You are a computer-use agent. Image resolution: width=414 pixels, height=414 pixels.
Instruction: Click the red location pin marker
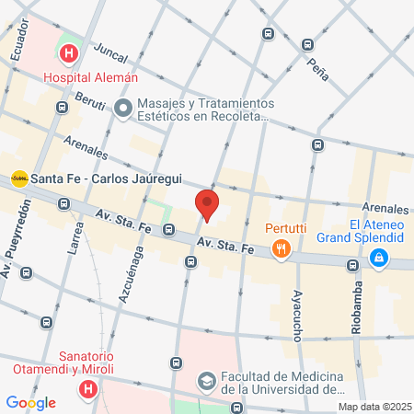pos(207,205)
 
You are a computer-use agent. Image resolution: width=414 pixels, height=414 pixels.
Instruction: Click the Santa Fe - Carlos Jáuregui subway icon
pos(18,178)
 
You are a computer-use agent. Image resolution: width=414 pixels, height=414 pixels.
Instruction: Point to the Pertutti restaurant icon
pos(282,247)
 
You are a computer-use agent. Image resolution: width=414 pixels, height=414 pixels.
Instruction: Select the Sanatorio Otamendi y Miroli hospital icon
pos(87,389)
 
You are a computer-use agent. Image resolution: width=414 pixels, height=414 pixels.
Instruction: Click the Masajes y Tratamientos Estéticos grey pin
pos(124,109)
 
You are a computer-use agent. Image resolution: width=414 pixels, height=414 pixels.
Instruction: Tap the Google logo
pos(30,402)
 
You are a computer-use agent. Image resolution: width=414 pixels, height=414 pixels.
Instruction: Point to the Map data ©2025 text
pos(374,407)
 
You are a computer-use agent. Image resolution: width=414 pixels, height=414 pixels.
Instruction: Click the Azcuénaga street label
pos(132,276)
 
